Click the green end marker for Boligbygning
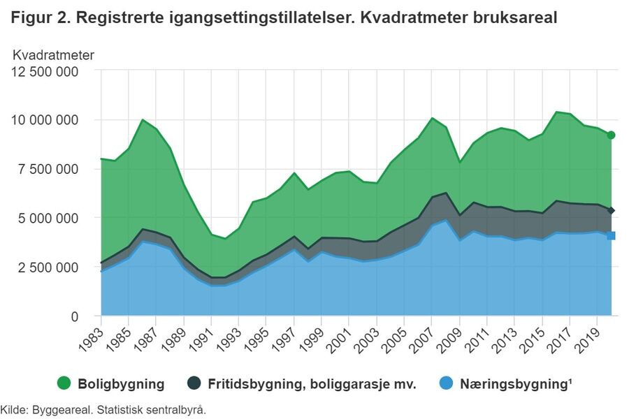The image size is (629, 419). (x=611, y=135)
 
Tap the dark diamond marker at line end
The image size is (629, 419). (x=611, y=210)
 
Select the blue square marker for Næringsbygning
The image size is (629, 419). (x=611, y=236)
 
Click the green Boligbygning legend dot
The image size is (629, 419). (x=65, y=383)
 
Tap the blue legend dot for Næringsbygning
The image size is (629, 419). (x=446, y=383)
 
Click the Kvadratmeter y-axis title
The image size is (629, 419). (x=54, y=54)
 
